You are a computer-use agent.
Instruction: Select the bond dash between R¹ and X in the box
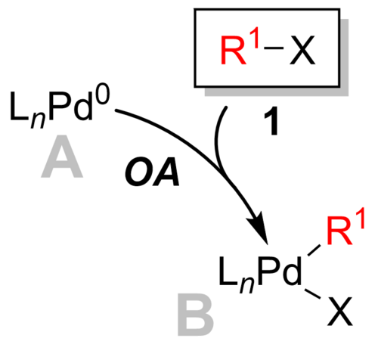pos(274,48)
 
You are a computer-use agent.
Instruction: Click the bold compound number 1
pos(271,121)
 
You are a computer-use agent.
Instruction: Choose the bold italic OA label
pos(153,172)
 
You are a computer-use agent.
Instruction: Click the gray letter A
pos(62,156)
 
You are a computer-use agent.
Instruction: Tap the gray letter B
pos(196,315)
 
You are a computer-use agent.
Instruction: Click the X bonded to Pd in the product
pos(339,311)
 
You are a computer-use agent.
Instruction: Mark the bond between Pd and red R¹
pos(314,250)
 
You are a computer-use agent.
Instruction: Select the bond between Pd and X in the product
pos(312,294)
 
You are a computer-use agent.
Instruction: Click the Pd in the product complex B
pos(280,271)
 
